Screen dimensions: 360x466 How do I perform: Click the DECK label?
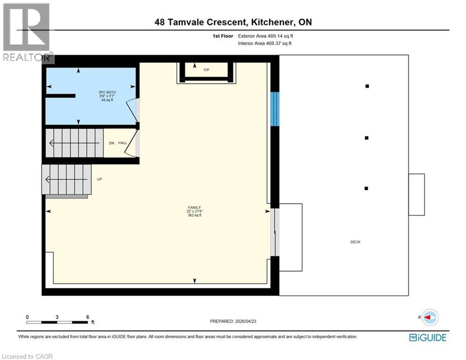355,242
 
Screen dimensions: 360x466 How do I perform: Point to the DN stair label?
112,143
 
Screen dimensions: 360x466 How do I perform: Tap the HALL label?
123,143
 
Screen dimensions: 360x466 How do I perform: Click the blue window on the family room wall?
275,109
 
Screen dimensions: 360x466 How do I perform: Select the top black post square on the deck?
367,86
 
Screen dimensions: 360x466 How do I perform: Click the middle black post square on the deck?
367,138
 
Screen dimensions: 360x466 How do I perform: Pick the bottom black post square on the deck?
366,188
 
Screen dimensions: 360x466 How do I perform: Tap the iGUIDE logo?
428,337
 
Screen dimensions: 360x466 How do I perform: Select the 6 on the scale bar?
88,317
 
